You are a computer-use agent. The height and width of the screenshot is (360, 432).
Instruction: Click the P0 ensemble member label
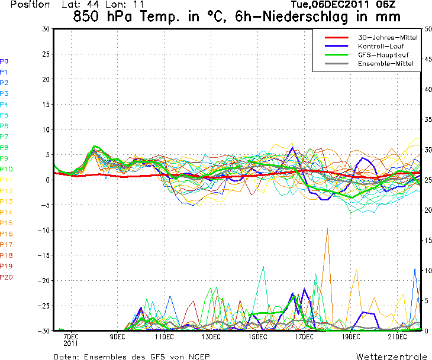[4, 61]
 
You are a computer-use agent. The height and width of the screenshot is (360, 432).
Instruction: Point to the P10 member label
[6, 169]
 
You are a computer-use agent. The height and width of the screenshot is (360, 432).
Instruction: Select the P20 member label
[6, 277]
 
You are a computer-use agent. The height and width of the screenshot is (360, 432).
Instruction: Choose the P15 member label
[6, 223]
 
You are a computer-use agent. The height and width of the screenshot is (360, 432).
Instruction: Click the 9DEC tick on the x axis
[117, 337]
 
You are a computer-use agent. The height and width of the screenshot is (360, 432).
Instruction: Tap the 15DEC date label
[257, 337]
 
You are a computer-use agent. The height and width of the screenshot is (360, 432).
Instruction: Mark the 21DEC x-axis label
[398, 337]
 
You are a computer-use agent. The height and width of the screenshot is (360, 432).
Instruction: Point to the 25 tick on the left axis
[46, 54]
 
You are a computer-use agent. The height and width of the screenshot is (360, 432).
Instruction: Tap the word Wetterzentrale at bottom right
[391, 356]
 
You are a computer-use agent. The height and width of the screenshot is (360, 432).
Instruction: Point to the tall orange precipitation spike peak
[327, 229]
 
